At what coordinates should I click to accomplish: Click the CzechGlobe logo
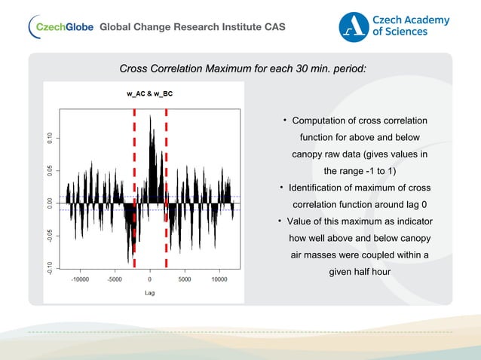coord(60,28)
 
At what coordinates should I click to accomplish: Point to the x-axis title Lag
coord(149,292)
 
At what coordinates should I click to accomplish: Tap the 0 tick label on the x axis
coord(150,279)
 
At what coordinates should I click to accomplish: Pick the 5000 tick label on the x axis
coord(185,279)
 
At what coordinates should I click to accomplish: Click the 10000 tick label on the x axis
coord(219,279)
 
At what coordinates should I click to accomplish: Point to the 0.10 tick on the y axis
coord(51,138)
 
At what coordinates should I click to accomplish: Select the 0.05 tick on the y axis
coord(51,171)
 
